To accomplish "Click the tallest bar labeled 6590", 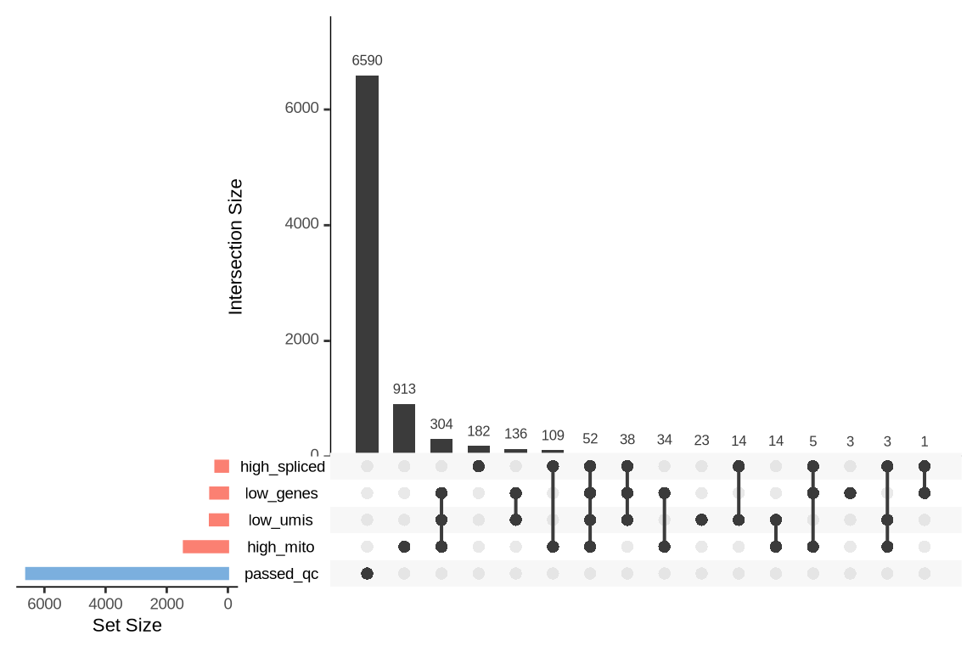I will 367,263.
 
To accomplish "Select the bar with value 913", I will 404,428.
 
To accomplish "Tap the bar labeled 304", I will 441,445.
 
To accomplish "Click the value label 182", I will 478,431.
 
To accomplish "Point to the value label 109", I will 553,436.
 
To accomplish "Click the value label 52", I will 590,438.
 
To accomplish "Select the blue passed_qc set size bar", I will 127,573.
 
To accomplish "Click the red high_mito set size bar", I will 205,547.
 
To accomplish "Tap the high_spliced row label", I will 282,466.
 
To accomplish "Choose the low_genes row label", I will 281,493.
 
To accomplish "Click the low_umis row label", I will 280,520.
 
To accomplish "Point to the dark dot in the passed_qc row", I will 367,573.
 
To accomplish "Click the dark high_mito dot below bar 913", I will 404,547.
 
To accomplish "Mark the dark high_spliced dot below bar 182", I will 478,466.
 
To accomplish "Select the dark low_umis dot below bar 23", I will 701,520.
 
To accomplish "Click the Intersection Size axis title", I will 235,246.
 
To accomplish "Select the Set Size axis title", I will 126,626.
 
